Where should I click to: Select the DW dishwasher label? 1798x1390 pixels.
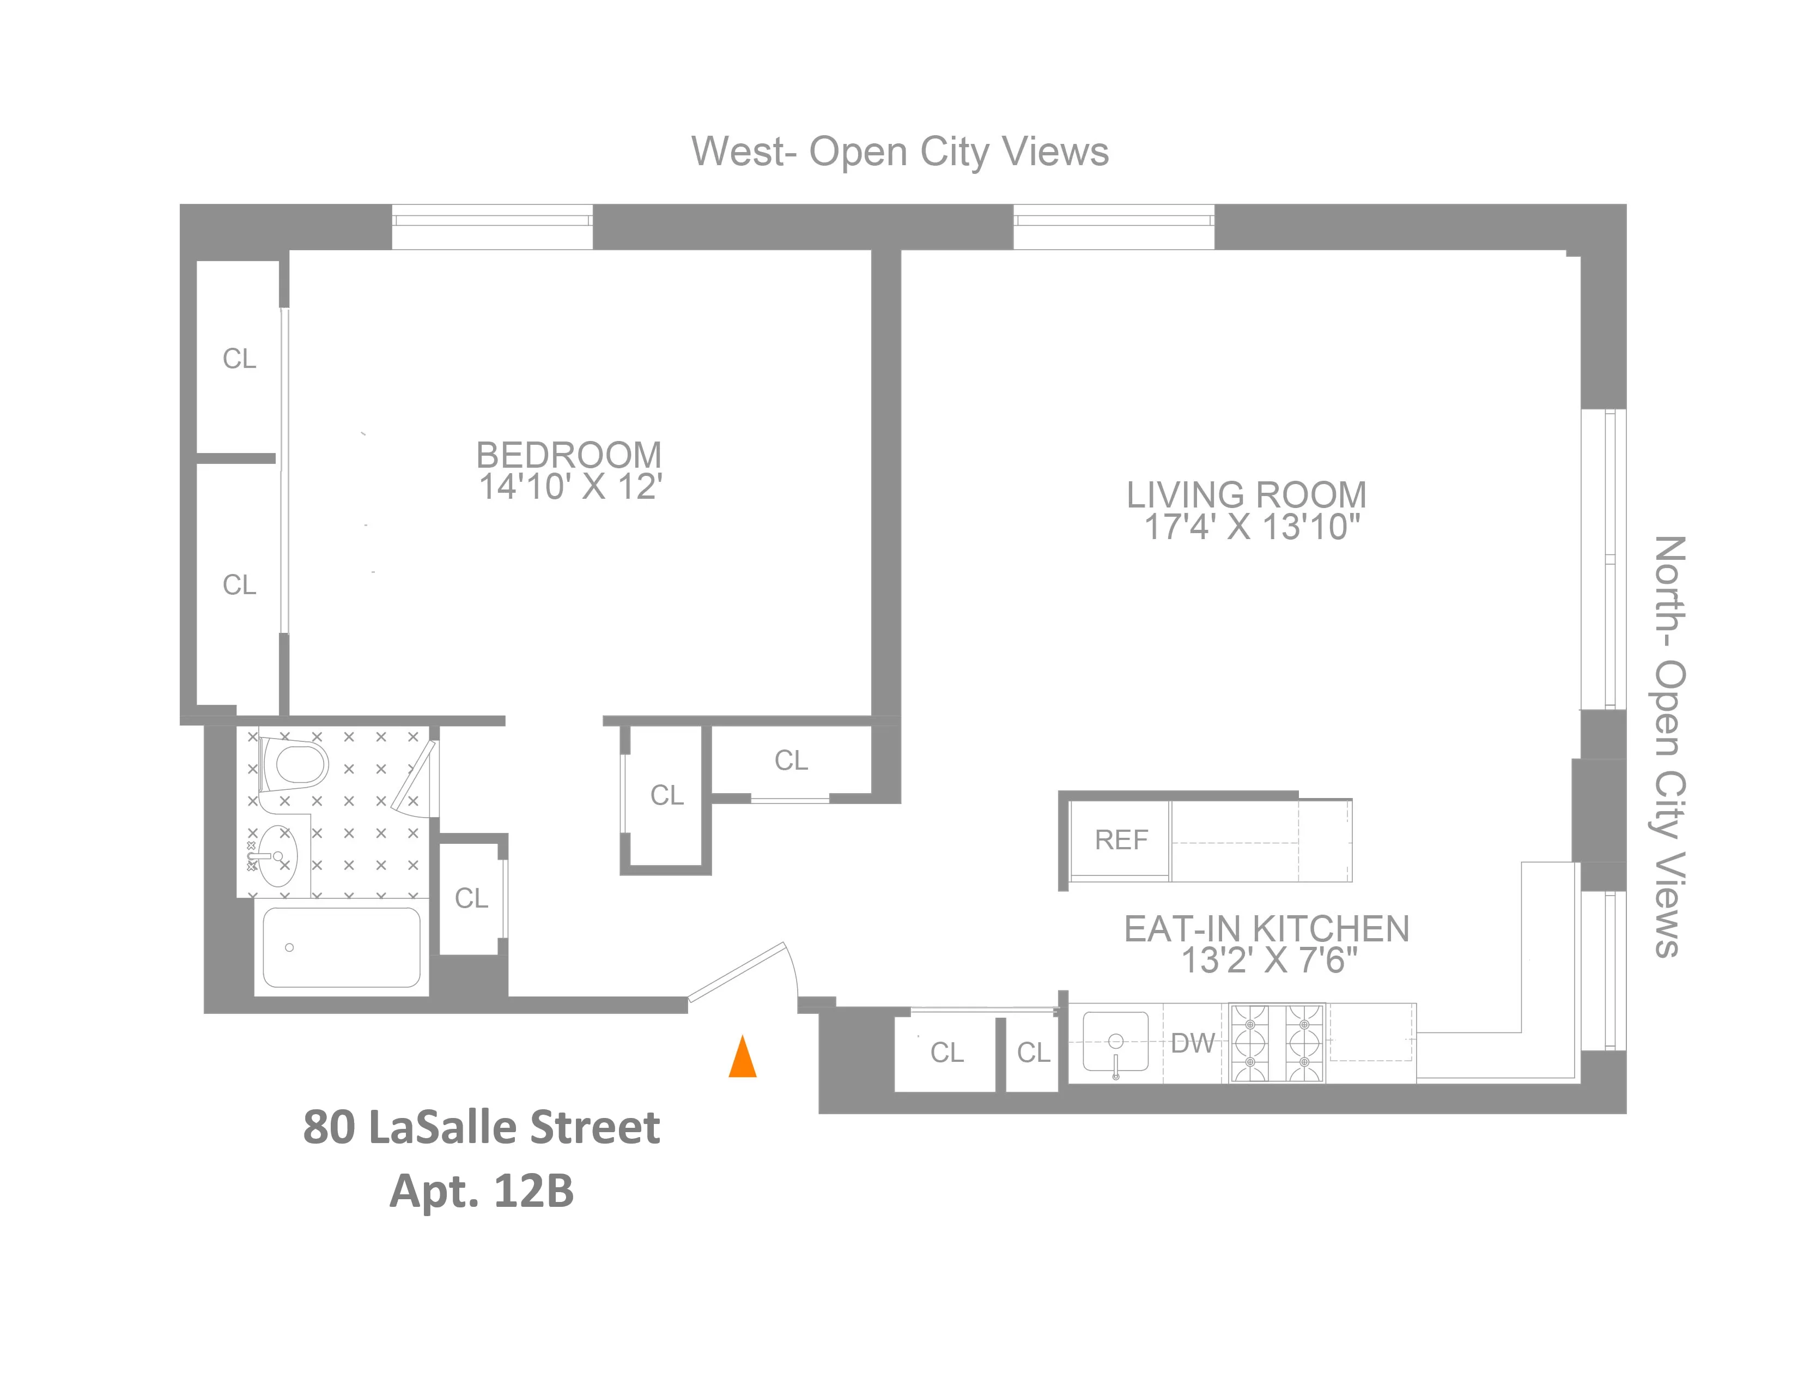point(1193,1043)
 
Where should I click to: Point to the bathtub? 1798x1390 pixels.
point(341,947)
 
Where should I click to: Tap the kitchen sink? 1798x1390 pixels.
point(1115,1042)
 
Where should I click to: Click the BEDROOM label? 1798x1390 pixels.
point(569,455)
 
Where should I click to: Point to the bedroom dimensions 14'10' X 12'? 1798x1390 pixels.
point(570,487)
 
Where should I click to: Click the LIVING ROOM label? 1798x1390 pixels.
point(1247,495)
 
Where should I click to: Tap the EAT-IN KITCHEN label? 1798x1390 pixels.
point(1266,929)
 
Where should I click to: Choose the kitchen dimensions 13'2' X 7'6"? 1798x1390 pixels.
point(1268,960)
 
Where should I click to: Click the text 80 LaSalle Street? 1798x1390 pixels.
point(482,1127)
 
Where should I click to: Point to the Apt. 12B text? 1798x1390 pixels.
point(482,1190)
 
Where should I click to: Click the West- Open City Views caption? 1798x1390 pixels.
point(900,152)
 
